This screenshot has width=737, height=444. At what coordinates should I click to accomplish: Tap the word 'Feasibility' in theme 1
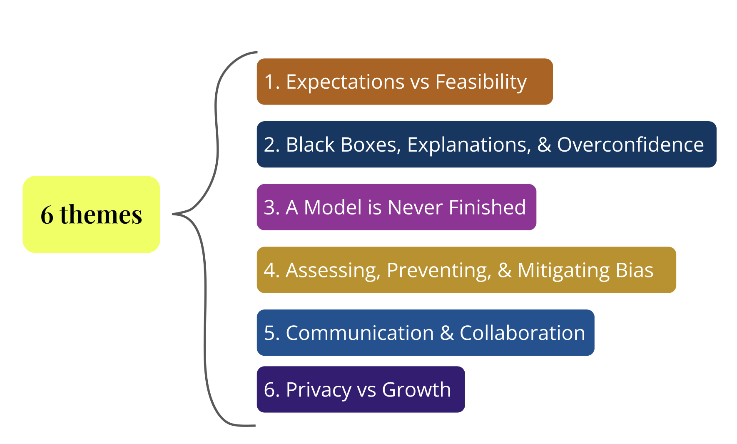click(481, 82)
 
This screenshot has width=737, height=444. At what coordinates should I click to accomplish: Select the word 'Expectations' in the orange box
click(345, 82)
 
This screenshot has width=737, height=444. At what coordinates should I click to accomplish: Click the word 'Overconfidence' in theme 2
click(630, 145)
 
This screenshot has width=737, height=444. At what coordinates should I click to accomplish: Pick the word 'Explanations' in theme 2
click(469, 145)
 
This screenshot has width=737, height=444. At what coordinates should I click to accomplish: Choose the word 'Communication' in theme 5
click(360, 333)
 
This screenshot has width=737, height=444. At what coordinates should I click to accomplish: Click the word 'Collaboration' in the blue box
click(522, 333)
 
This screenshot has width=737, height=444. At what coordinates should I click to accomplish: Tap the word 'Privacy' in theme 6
click(319, 390)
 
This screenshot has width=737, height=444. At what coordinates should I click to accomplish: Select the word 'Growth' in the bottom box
click(416, 390)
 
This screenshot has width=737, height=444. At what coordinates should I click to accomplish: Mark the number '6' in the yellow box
click(47, 215)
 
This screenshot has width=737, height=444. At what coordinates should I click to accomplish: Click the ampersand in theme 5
click(447, 333)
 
